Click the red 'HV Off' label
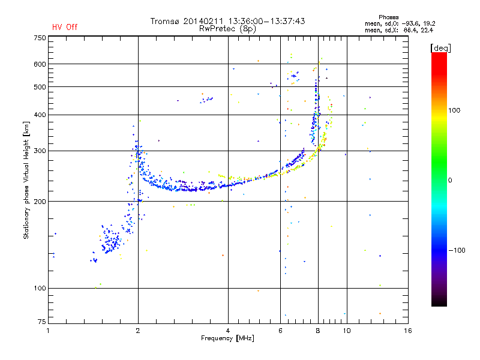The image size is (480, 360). click(x=65, y=27)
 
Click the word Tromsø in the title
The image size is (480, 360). click(x=164, y=21)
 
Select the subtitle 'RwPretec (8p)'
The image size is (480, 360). click(x=227, y=29)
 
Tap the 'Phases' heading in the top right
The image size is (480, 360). click(x=388, y=17)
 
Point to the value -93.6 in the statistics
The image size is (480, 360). click(x=411, y=23)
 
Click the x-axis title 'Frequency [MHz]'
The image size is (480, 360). click(x=227, y=338)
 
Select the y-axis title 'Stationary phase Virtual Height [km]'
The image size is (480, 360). click(x=26, y=180)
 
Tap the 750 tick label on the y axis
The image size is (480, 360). click(x=40, y=38)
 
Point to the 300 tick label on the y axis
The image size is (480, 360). click(x=40, y=151)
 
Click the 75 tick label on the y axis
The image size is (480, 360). click(x=42, y=322)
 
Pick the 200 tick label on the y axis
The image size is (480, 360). click(x=40, y=202)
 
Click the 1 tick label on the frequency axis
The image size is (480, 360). click(x=48, y=331)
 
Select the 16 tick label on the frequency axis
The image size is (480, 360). click(x=408, y=331)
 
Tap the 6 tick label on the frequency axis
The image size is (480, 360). click(x=280, y=331)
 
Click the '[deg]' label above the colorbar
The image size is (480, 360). click(x=440, y=48)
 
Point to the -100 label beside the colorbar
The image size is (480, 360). click(x=457, y=250)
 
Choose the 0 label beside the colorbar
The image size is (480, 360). click(x=450, y=180)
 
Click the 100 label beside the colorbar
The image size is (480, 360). click(x=454, y=110)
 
